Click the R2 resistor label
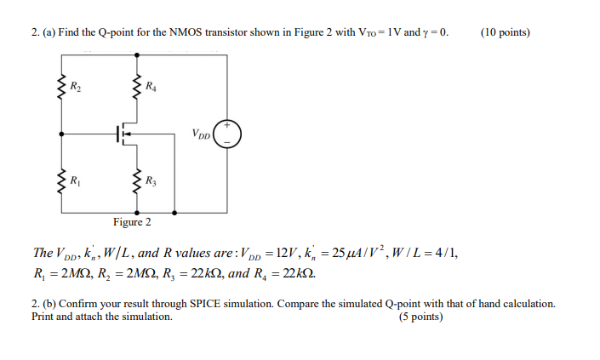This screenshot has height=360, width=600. tap(74, 85)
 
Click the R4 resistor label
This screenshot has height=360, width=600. tap(151, 85)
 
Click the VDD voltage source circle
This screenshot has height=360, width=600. tap(227, 134)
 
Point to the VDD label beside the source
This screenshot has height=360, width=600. tap(202, 134)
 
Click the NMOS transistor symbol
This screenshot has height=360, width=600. tap(125, 134)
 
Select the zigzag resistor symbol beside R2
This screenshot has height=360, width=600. tap(60, 86)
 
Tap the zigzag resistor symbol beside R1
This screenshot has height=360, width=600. tap(60, 180)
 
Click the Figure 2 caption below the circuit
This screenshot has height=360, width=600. tap(132, 222)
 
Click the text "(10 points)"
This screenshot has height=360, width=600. tap(505, 32)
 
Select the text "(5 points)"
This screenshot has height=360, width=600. tap(420, 317)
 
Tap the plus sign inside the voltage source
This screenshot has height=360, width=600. tap(227, 125)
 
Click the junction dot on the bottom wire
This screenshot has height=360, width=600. tap(175, 209)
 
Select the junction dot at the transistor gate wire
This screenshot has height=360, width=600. tap(60, 133)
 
